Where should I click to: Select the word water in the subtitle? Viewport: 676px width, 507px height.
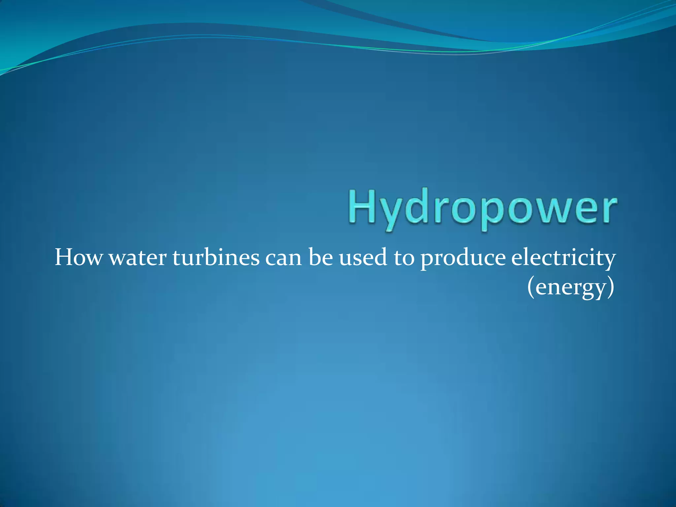[x=138, y=258]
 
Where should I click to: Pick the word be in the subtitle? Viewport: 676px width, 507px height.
[x=321, y=258]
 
